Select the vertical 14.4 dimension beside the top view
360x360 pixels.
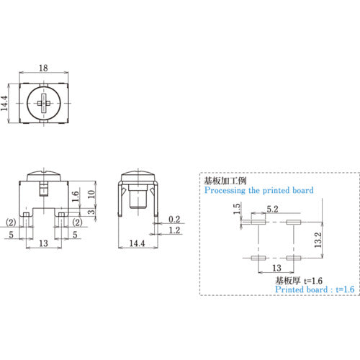6,105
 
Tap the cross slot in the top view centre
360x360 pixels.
43,104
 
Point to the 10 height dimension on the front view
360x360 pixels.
91,194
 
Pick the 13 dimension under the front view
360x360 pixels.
43,244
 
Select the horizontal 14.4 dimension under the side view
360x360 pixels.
137,244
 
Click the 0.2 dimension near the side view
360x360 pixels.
174,218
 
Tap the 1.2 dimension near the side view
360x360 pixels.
174,230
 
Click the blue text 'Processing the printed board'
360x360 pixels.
258,192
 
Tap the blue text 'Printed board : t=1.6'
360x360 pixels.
315,289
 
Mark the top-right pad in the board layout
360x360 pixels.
292,222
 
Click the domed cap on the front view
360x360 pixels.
43,175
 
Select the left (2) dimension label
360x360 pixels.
12,222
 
